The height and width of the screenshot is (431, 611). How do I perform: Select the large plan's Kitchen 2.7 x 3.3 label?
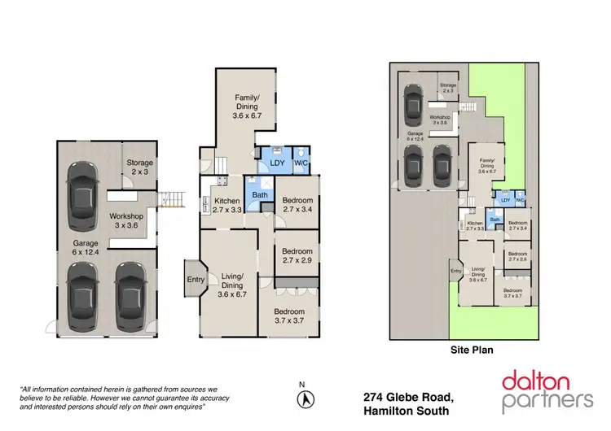tap(227, 205)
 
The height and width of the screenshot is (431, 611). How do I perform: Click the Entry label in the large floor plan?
tap(196, 280)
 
